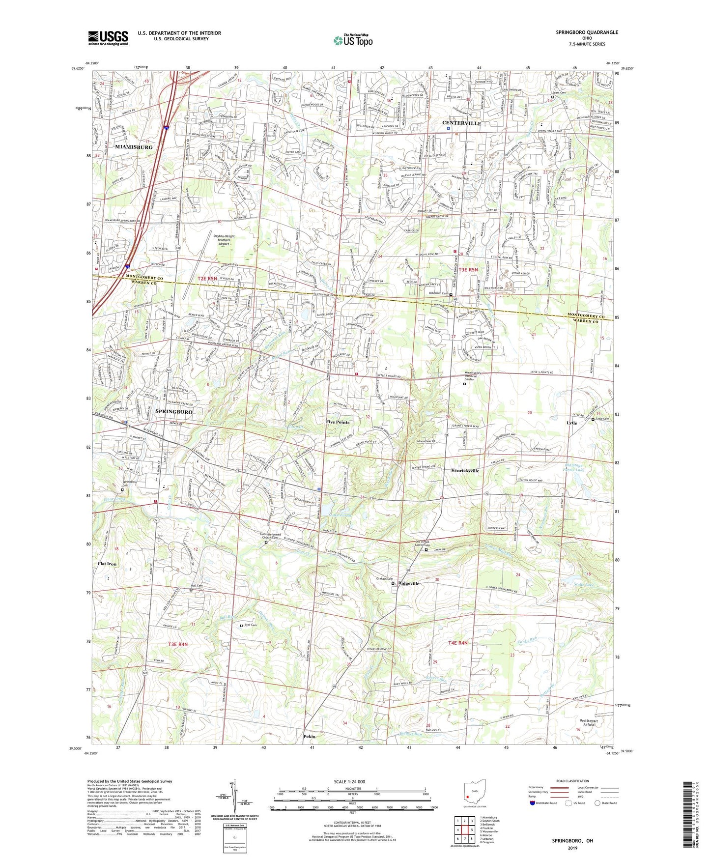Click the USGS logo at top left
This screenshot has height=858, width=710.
pos(108,37)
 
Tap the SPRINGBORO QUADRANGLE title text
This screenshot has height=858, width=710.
pos(587,32)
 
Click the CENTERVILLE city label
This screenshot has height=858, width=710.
pos(461,123)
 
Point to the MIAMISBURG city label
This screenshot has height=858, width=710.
pos(134,147)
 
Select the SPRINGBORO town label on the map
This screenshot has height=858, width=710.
pos(173,411)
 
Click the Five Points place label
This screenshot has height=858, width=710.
pos(338,422)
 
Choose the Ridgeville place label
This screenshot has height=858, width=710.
pos(409,583)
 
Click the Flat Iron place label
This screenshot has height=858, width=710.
pos(107,564)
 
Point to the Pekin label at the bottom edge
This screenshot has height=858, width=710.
pos(309,737)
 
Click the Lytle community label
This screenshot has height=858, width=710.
pos(571,423)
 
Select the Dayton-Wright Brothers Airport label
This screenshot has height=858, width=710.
pos(224,239)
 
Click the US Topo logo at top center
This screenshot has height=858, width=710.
pos(352,40)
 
